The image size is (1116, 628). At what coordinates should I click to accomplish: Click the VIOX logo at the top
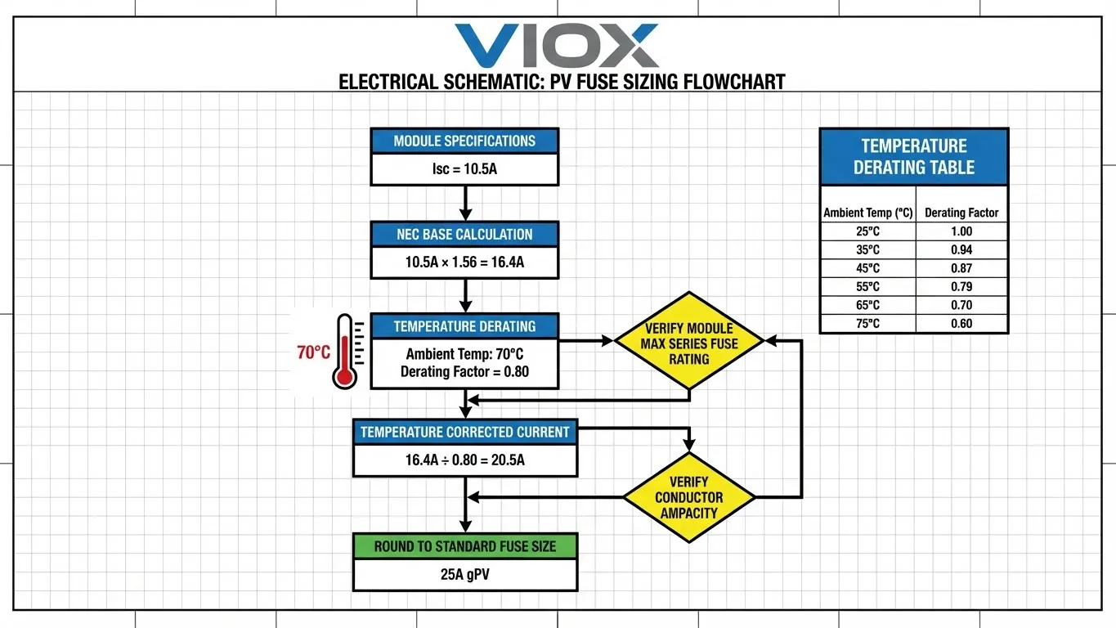556,46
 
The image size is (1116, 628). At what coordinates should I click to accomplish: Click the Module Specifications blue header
464,141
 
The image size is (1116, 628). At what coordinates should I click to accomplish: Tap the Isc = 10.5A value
464,170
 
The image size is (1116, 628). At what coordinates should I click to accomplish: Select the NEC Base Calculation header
464,234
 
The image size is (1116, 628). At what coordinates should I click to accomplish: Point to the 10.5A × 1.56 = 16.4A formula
464,263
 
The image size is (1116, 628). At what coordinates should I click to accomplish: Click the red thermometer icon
345,352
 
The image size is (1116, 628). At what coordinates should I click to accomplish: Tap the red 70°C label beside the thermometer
313,353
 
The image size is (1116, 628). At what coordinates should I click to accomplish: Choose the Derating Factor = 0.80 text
464,372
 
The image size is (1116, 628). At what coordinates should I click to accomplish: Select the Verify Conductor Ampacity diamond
689,497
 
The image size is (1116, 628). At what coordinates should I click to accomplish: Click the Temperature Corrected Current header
464,432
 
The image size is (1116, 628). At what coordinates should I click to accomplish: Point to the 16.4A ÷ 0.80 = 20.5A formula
464,460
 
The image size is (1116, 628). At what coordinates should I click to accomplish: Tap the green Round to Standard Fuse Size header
464,546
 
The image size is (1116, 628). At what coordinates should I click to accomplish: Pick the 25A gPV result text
464,575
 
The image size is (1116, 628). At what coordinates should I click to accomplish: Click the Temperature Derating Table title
913,157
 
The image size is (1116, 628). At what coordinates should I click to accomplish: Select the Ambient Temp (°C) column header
867,213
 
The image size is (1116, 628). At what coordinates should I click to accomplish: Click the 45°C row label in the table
867,268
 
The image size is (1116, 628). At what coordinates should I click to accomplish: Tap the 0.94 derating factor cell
961,249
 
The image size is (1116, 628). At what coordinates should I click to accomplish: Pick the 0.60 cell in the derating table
961,324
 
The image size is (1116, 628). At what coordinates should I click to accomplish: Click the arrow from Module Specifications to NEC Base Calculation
464,203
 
